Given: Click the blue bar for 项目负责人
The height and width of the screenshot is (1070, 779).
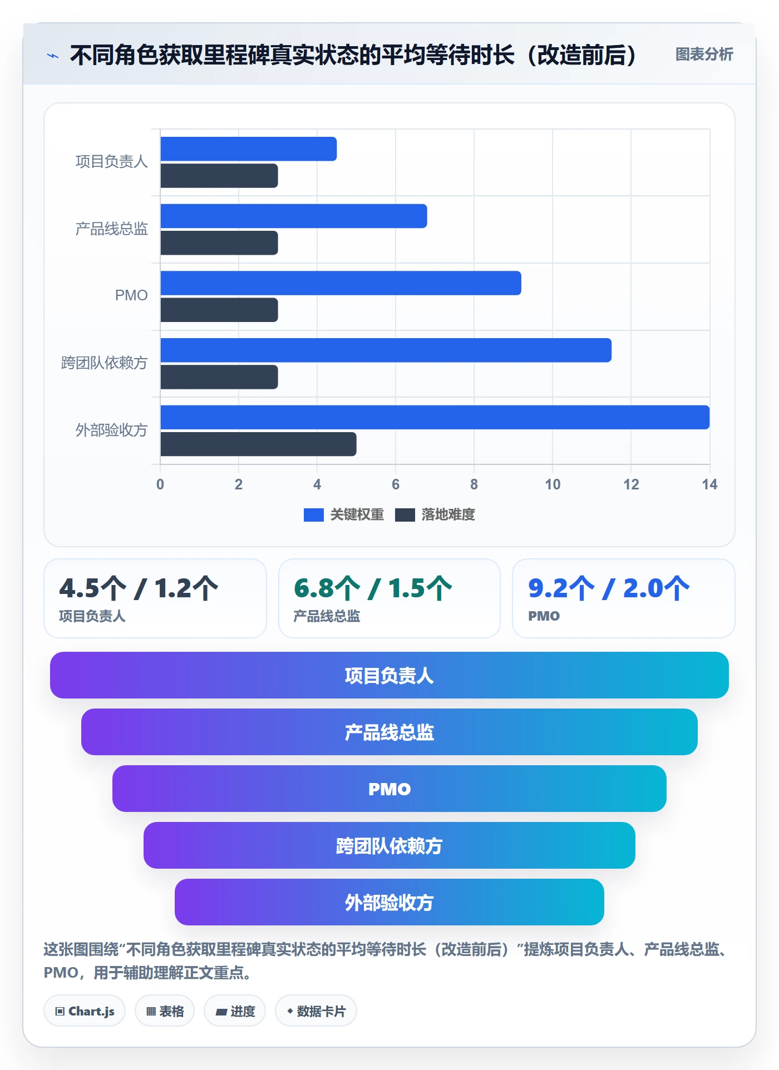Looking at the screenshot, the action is (249, 149).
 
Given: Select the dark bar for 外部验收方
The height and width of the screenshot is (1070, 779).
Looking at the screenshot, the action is (258, 444).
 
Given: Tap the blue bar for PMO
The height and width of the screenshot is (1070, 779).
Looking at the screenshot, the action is (341, 283).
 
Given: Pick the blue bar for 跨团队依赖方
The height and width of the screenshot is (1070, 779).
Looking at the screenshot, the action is (386, 350).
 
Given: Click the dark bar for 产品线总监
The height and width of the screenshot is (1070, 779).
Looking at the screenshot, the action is (219, 243).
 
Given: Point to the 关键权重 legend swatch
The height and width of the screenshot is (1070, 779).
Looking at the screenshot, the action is (314, 515).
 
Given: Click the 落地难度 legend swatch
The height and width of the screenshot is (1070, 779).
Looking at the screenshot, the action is (405, 515).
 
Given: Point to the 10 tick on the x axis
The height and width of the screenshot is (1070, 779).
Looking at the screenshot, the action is (553, 484).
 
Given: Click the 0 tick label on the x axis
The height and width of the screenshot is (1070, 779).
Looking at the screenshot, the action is (160, 484).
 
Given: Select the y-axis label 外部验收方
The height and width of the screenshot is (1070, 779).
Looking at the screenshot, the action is (111, 430).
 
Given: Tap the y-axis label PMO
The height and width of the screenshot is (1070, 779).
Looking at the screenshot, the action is (131, 295).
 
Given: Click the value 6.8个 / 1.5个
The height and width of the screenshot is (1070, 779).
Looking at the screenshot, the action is (373, 588).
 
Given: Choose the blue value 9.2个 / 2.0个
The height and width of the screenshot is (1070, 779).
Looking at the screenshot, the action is (609, 588).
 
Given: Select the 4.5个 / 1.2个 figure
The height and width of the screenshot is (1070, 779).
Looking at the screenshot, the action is (139, 588).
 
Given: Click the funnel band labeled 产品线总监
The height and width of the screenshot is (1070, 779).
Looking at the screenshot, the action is (389, 732).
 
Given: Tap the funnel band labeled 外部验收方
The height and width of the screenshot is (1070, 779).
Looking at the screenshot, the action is (389, 902).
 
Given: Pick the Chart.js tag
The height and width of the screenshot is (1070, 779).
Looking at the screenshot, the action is (85, 1011).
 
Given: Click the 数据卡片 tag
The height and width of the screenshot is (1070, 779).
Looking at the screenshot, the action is (316, 1011).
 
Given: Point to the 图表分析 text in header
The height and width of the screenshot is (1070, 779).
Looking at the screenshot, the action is (704, 54).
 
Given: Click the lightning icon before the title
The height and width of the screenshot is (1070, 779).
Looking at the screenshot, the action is (53, 56).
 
